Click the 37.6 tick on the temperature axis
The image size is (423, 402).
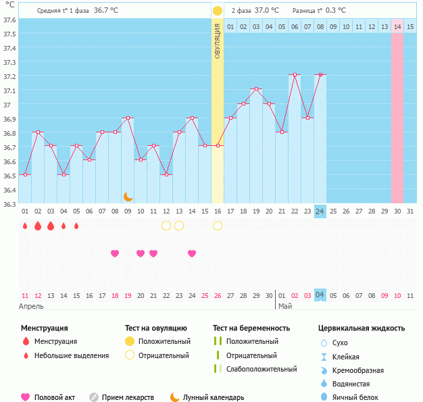point(9,20)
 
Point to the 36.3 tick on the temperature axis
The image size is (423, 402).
point(9,203)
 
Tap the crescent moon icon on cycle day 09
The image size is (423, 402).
point(128,197)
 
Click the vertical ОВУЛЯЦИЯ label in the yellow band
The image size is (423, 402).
point(218,41)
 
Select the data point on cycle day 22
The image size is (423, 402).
point(295,74)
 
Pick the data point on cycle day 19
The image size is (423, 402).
point(256,89)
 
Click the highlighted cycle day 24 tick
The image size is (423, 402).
point(320,211)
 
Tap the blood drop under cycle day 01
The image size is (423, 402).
point(25,226)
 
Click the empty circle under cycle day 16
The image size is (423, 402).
point(218,226)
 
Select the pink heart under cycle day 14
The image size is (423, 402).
point(192,253)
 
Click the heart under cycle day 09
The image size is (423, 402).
point(115,253)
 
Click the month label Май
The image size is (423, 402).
point(285,306)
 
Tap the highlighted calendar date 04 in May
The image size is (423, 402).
point(320,295)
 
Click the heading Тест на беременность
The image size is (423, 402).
point(251,328)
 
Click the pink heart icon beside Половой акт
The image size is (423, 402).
point(26,397)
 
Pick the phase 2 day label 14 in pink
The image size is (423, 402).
point(397,26)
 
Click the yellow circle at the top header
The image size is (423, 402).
point(218,11)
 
